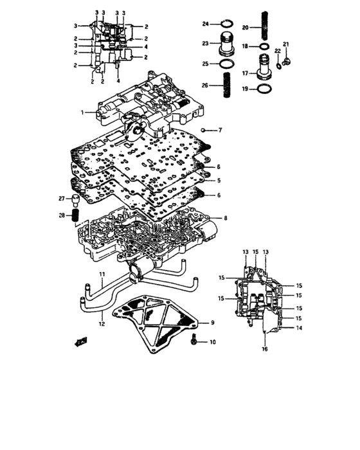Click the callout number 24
206,24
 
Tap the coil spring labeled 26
227,84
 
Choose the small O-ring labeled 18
264,47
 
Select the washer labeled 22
278,62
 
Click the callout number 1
82,113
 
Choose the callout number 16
264,349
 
